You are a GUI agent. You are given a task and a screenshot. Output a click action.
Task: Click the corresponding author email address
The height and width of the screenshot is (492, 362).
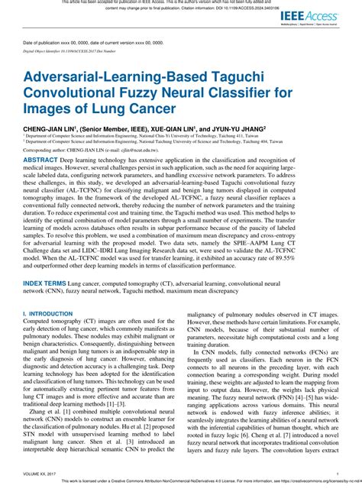[x=130, y=151]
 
